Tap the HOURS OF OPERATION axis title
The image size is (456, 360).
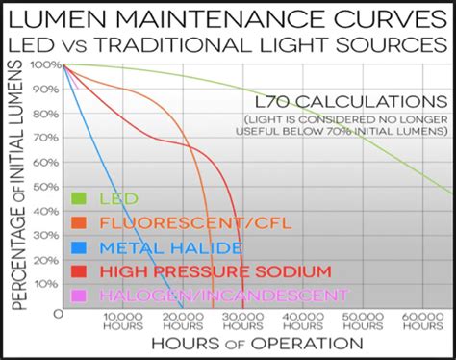point(255,344)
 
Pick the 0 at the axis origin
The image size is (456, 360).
point(59,315)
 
